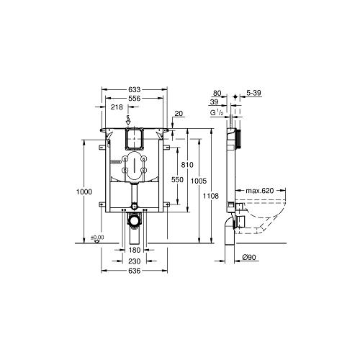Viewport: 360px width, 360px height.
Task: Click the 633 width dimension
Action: click(x=134, y=89)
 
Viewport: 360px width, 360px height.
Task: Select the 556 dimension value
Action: click(x=134, y=99)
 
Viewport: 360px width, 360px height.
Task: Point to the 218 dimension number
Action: click(x=117, y=107)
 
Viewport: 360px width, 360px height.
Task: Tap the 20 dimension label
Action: click(x=179, y=113)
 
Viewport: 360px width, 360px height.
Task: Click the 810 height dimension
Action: click(x=187, y=165)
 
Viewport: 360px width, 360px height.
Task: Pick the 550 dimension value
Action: click(x=177, y=180)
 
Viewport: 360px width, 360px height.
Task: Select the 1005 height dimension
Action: click(x=199, y=181)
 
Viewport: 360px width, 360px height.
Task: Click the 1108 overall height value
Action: click(x=211, y=196)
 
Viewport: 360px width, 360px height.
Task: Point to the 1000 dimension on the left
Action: click(x=84, y=192)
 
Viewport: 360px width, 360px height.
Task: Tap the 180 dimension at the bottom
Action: click(x=135, y=250)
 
